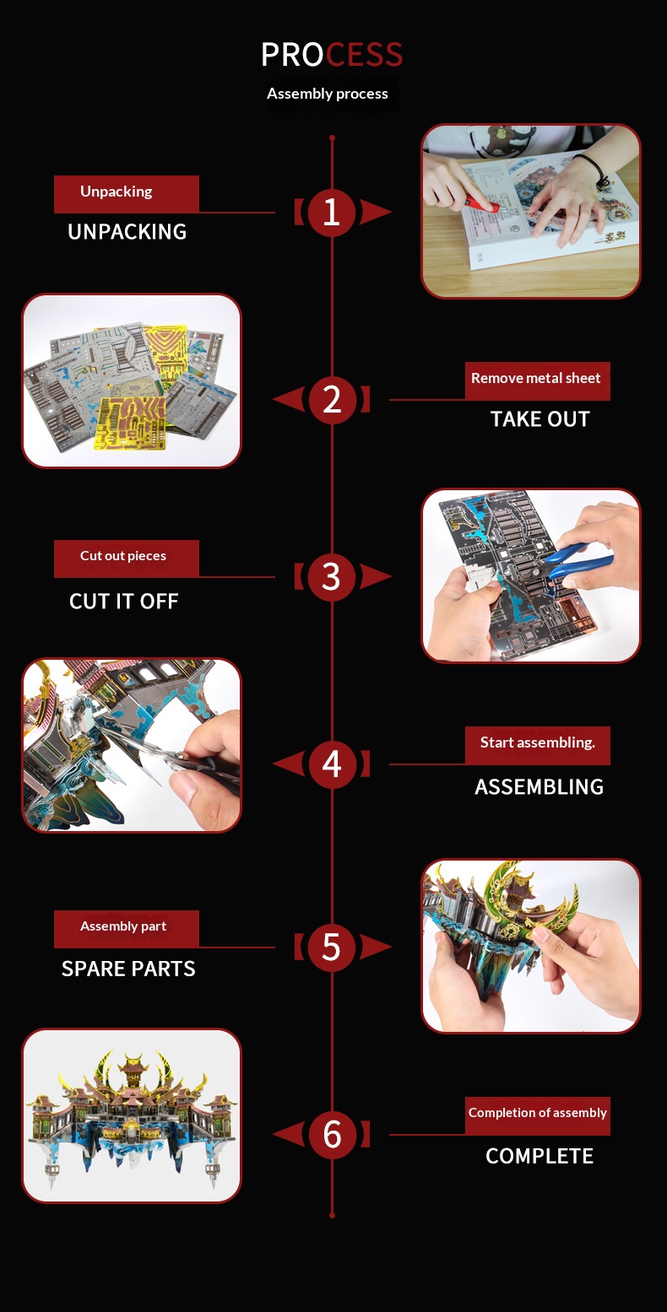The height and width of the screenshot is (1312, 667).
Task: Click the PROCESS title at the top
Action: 332,55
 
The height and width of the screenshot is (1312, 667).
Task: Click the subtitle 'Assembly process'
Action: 327,94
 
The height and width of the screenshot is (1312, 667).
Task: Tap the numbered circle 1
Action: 332,212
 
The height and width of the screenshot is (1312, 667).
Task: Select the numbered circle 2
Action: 333,400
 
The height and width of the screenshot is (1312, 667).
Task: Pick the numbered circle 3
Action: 332,577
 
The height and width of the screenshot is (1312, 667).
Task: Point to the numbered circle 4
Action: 333,764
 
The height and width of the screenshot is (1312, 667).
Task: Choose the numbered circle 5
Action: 332,948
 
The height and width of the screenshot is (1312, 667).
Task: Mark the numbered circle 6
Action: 333,1135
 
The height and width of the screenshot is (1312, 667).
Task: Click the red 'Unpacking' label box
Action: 127,194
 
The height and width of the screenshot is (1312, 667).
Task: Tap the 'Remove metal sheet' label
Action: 538,381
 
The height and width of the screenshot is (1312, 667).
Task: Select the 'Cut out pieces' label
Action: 127,559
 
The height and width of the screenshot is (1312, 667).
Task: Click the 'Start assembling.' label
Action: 538,746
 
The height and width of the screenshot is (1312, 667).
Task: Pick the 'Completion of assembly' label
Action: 538,1115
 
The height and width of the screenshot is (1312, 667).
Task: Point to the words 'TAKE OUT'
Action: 540,419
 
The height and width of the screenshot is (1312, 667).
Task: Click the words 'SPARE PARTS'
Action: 128,969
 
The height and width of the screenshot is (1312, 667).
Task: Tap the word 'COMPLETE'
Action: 540,1156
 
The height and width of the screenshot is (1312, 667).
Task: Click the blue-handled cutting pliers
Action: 578,562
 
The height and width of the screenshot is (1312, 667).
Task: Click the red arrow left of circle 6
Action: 289,1135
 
